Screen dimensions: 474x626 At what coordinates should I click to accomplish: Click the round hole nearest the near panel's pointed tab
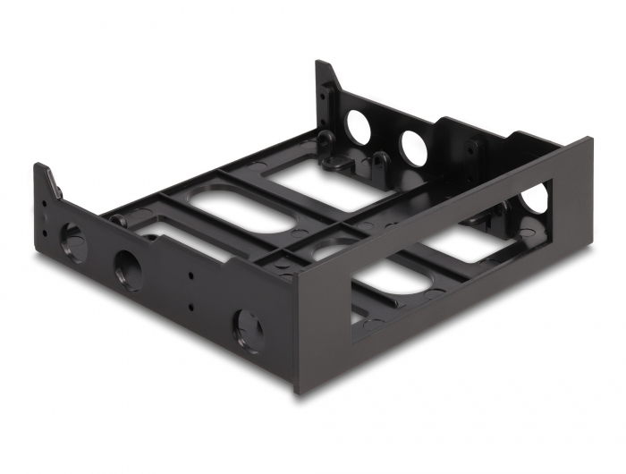[x=71, y=241]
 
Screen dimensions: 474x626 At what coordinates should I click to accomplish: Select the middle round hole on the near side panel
[x=128, y=268]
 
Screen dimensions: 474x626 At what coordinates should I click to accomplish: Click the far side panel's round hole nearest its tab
[x=358, y=127]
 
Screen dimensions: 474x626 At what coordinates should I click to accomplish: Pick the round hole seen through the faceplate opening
[x=535, y=199]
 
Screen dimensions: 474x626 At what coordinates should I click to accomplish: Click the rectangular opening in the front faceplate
[x=447, y=259]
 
